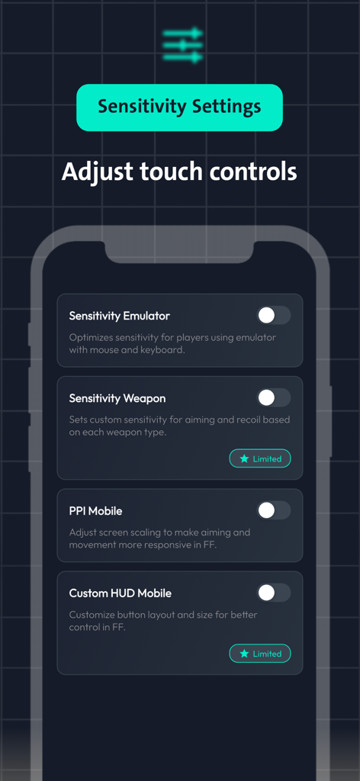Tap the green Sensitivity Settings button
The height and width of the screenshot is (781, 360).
tap(179, 108)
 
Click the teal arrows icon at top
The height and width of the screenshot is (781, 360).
tap(183, 45)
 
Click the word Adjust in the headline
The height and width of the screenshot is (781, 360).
tap(95, 171)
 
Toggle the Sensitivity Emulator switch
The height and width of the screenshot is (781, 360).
tap(273, 315)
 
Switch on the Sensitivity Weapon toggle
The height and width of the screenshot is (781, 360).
tap(273, 397)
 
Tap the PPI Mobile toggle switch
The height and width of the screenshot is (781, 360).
tap(273, 510)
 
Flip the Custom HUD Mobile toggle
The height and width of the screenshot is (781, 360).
tap(273, 593)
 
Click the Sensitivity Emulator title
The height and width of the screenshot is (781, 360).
tap(119, 316)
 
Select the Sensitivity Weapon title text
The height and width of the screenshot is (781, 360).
tap(117, 398)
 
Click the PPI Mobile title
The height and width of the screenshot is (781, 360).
tap(95, 511)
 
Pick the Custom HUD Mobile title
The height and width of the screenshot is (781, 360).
tap(120, 593)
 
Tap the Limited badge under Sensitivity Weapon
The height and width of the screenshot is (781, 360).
tap(259, 458)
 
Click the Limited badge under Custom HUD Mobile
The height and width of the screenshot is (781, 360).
tap(259, 654)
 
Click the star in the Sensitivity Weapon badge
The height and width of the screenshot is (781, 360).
tap(244, 458)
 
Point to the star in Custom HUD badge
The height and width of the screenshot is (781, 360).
tap(244, 654)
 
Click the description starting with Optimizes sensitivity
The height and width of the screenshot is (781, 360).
tap(172, 343)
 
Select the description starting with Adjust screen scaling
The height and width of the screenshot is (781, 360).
tap(159, 538)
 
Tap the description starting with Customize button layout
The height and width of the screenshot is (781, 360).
tap(163, 621)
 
